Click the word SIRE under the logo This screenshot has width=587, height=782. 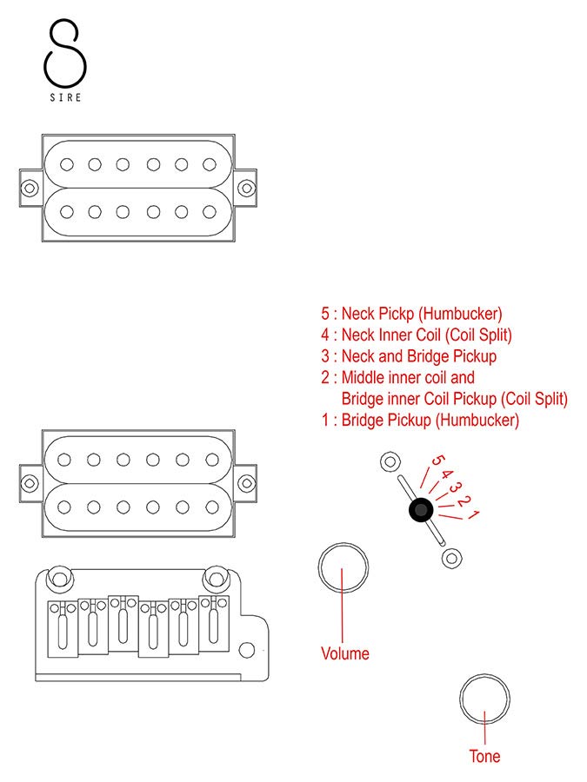coord(66,98)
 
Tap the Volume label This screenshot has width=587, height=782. coord(345,653)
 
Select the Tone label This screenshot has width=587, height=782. coord(484,756)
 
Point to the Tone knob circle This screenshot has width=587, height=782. coord(484,699)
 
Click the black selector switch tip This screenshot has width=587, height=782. coord(421,511)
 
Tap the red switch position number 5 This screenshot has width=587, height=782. coord(437,464)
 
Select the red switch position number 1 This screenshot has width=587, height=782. coord(474,516)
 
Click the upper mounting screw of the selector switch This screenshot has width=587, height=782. coord(389,461)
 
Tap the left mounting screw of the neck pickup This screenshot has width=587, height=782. coord(30,186)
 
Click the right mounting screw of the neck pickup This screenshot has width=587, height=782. coord(247,186)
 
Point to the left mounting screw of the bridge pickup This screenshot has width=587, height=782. coord(30,481)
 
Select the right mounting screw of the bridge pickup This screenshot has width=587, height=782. coord(247,481)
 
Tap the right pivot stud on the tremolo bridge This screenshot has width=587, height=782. coord(214,576)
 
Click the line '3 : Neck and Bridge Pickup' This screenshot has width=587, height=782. coord(408,356)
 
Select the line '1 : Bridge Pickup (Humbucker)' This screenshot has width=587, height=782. coord(419,421)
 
